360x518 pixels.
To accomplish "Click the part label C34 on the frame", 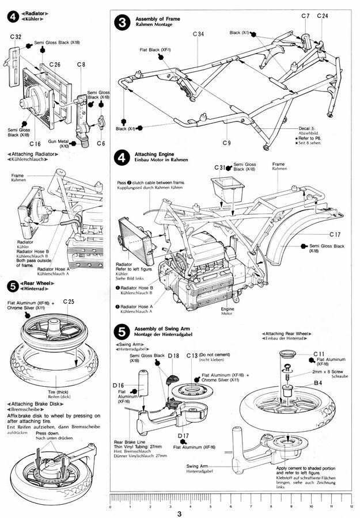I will click(198, 35).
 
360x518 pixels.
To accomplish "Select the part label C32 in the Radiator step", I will click(17, 37).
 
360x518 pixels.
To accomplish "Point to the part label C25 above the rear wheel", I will click(69, 302).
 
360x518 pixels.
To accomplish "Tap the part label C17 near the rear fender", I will click(336, 234).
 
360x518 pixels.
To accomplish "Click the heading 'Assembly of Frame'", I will click(158, 19).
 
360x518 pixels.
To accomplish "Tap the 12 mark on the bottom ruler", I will click(351, 507).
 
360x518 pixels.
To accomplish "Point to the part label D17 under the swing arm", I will click(184, 436).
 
